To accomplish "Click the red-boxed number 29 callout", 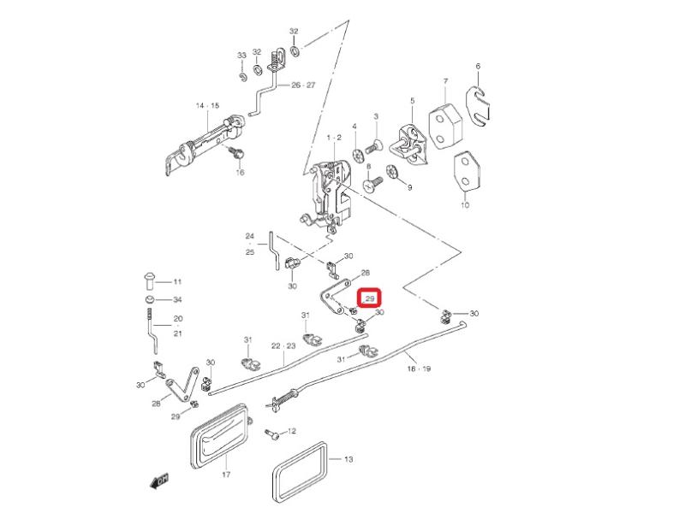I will pos(370,299).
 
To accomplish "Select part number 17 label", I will pos(226,474).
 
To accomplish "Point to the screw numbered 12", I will pos(272,433).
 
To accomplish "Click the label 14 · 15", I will pos(207,106).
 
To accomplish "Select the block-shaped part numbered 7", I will pos(445,120).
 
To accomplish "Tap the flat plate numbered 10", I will pos(465,174).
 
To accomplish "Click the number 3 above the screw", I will pos(375,116).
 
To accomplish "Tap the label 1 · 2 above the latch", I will pos(333,137).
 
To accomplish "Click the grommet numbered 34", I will pos(149,301).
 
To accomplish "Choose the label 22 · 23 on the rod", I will pos(283,346).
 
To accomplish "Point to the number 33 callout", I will pos(241,56).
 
